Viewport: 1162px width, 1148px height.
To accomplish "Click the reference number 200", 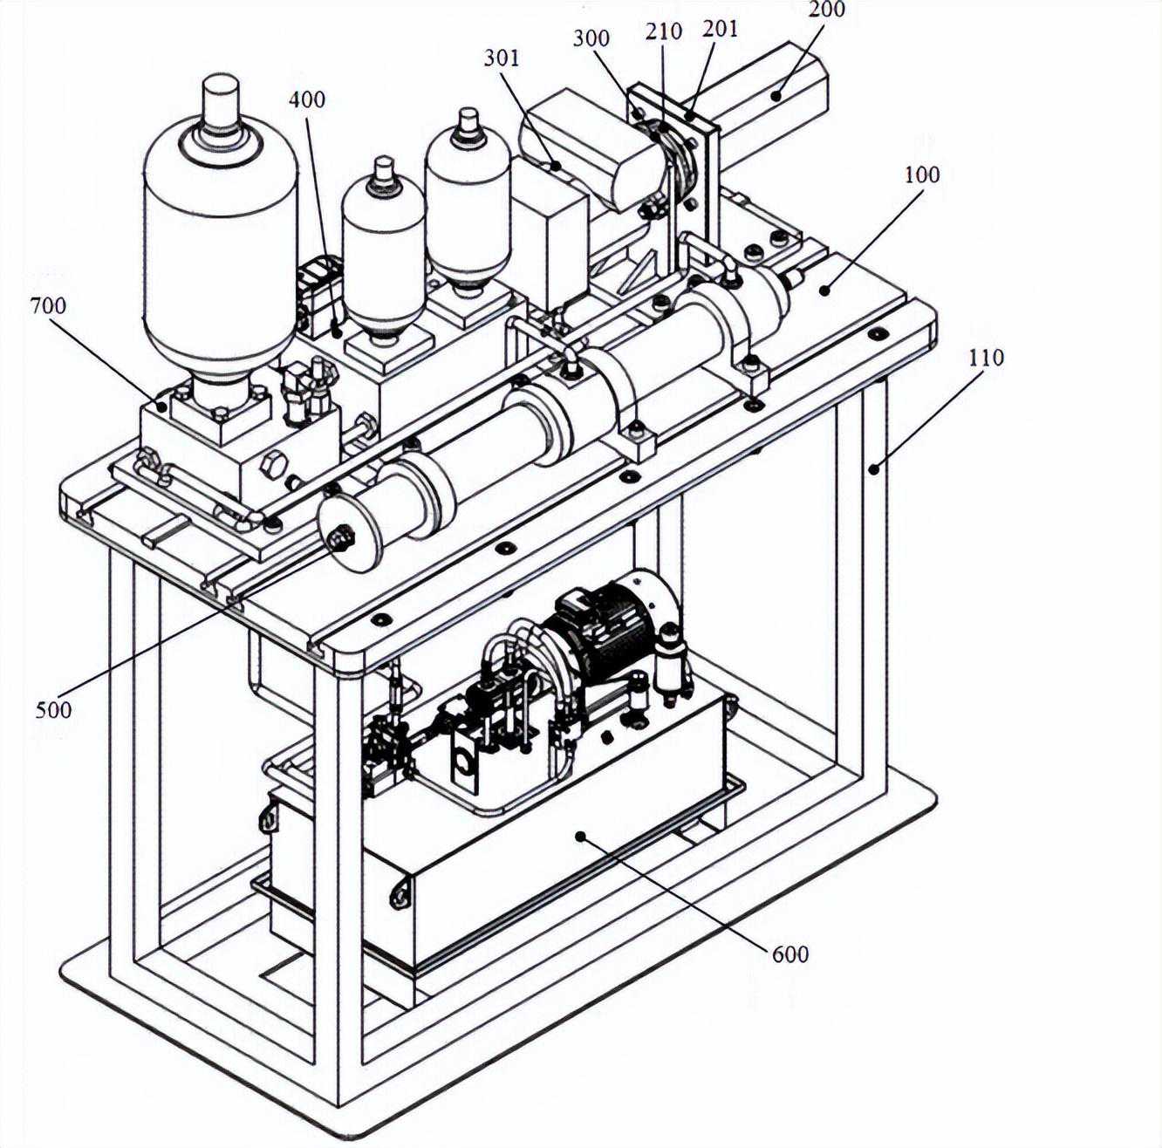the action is click(826, 9).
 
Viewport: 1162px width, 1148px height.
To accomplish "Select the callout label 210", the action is click(664, 31).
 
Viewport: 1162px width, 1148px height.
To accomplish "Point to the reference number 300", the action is click(591, 38).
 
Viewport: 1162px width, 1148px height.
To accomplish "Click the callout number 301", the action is click(501, 58).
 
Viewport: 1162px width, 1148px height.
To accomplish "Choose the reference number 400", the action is click(307, 99).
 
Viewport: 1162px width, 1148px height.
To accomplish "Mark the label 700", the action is click(48, 306).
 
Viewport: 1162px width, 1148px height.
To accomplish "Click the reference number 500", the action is click(53, 710).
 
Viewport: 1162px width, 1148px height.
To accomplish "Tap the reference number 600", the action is click(790, 953).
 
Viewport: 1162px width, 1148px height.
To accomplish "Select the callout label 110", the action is click(986, 359).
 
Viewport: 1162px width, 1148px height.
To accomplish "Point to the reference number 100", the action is click(922, 174).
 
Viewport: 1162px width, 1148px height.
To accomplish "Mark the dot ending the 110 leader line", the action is click(874, 468).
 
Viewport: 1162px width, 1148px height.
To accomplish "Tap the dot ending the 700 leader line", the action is click(161, 407).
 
